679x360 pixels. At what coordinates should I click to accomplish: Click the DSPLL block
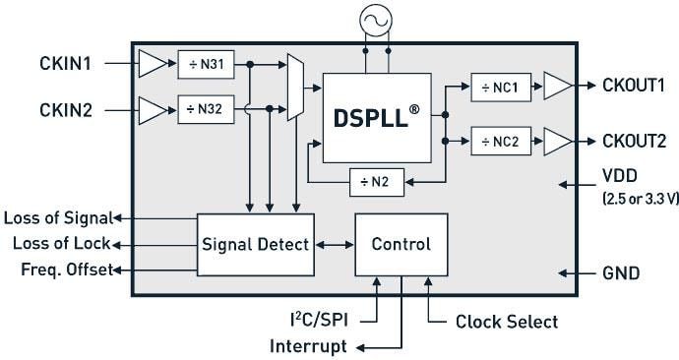tap(377, 118)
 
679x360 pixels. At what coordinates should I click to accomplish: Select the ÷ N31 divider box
tap(206, 64)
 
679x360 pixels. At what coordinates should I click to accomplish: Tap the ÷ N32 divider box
tap(206, 108)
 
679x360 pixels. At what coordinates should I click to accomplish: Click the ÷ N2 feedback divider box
tap(378, 181)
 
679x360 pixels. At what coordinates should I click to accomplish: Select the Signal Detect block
tap(256, 244)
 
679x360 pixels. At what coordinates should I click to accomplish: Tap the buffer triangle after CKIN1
tap(153, 64)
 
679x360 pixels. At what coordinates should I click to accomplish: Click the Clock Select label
tap(507, 322)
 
